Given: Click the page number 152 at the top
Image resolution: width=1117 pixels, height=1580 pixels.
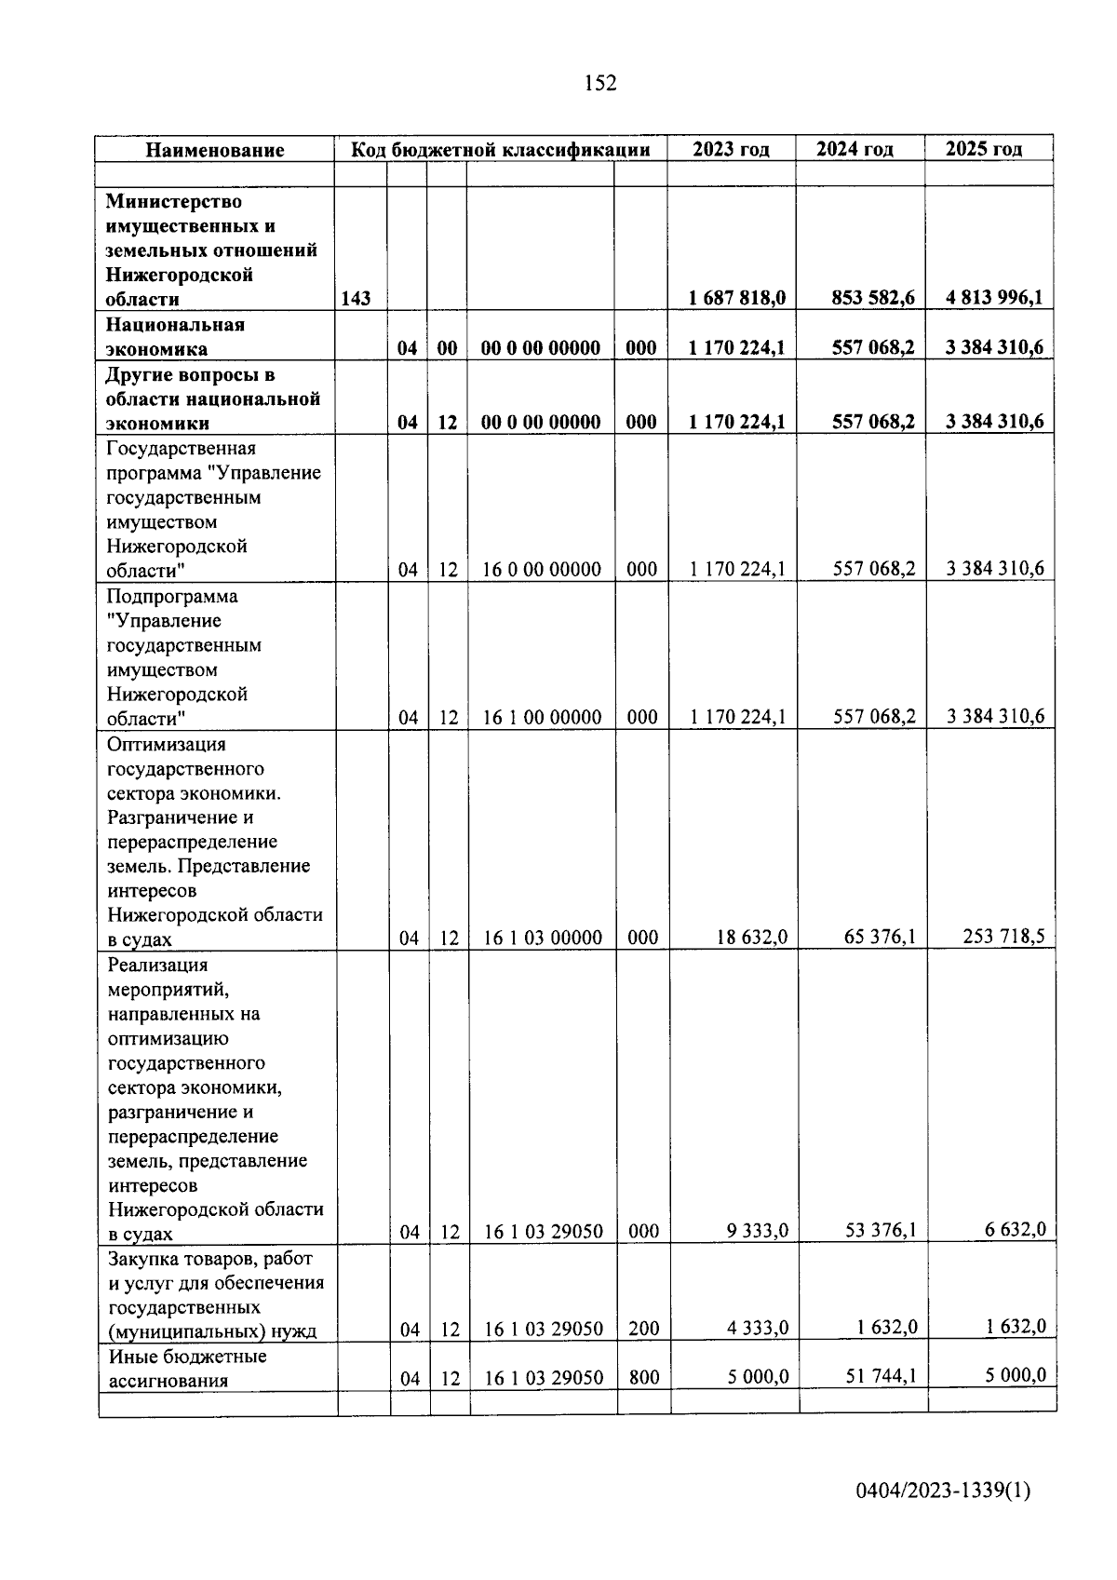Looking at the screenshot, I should click(x=600, y=84).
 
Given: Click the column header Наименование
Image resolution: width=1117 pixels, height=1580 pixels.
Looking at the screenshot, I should click(x=215, y=150).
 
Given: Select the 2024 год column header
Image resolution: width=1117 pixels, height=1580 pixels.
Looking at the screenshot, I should click(x=855, y=149).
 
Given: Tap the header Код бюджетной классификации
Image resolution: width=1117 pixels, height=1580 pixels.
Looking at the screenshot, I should click(x=500, y=150).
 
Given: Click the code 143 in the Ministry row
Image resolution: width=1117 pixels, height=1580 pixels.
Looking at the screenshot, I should click(x=356, y=299).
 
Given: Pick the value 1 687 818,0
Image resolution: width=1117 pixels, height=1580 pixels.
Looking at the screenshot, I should click(x=737, y=298).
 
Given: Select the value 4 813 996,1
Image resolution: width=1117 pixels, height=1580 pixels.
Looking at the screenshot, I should click(x=994, y=298).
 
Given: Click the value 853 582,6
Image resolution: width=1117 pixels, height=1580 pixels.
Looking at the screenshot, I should click(x=873, y=298).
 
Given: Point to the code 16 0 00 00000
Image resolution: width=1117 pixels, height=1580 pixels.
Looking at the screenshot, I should click(x=542, y=569).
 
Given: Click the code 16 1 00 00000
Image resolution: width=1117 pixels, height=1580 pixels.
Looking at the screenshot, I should click(x=542, y=717).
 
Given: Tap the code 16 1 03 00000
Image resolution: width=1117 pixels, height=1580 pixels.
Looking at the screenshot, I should click(x=543, y=938).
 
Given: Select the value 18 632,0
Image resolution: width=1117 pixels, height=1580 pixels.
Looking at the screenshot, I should click(x=751, y=937).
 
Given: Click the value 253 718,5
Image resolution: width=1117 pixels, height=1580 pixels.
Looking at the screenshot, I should click(x=1003, y=936).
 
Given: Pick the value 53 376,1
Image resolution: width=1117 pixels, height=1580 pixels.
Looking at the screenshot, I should click(x=880, y=1231).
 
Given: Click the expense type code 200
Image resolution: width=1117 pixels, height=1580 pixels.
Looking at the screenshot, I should click(x=643, y=1329).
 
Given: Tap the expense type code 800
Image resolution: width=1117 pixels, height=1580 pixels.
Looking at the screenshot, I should click(x=643, y=1377).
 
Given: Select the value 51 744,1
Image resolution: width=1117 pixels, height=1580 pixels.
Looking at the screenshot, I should click(x=880, y=1375).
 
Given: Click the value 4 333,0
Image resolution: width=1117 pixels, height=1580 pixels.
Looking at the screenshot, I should click(x=758, y=1328).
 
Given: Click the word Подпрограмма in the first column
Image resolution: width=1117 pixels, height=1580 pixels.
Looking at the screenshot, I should click(x=172, y=596).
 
